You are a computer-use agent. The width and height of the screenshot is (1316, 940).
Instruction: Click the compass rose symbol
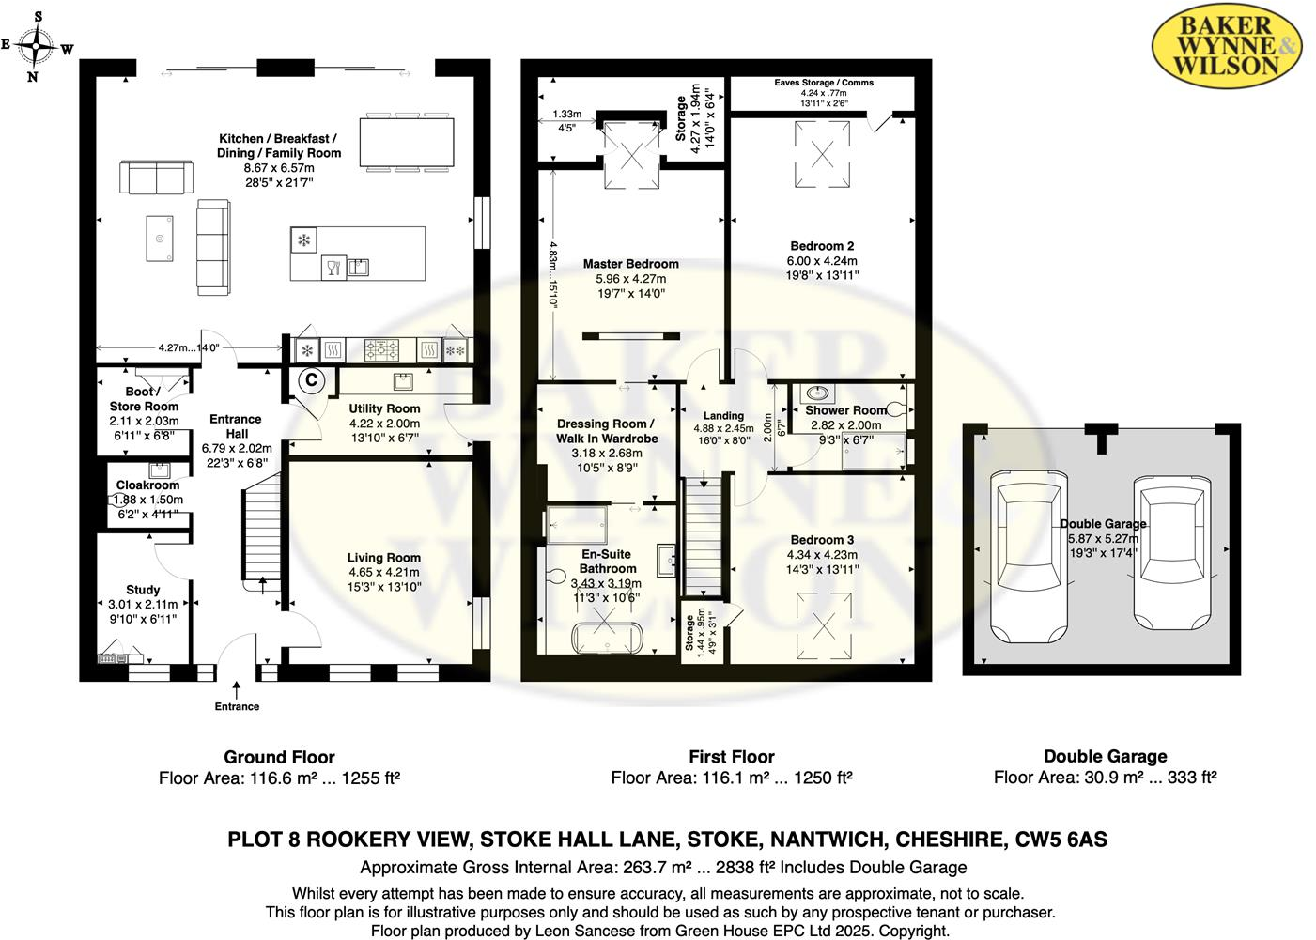(37, 45)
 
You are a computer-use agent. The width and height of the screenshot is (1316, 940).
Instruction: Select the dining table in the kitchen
(407, 142)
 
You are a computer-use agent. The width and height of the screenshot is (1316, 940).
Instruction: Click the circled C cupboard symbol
(311, 380)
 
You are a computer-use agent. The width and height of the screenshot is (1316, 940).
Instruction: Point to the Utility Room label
(384, 408)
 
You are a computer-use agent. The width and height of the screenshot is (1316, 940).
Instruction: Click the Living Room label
(383, 558)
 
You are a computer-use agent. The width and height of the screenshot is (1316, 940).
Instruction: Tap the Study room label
(143, 590)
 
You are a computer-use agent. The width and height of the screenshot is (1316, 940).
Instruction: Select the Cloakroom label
(147, 485)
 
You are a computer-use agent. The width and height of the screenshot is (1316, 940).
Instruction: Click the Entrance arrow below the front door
(237, 689)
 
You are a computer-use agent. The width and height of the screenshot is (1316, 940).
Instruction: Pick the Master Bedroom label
(630, 264)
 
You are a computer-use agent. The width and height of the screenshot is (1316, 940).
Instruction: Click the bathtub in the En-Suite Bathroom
(607, 638)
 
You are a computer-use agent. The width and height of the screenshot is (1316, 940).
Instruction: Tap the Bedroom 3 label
(822, 540)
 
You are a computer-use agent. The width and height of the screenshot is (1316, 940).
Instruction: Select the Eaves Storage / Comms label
(824, 83)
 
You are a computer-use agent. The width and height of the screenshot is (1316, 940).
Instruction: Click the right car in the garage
(1172, 552)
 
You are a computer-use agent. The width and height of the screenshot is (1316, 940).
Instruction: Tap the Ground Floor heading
(279, 757)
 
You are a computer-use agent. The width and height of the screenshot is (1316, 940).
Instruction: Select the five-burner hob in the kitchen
(381, 350)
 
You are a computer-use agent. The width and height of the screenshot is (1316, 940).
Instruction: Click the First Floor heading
(732, 757)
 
